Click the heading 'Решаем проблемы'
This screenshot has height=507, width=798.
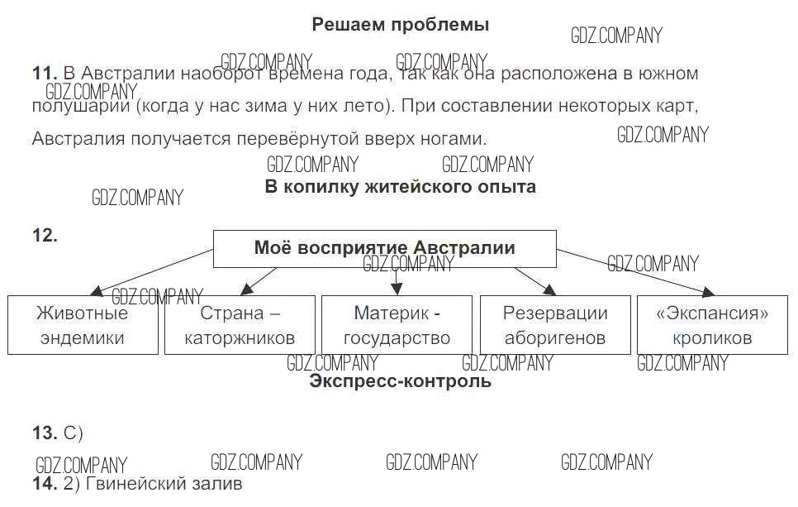click(400, 25)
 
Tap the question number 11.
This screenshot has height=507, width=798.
click(43, 74)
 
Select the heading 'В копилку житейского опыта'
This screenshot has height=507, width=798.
click(400, 186)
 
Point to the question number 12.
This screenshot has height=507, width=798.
click(45, 236)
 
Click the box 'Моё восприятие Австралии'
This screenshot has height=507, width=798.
click(384, 248)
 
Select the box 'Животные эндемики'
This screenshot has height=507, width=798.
click(83, 325)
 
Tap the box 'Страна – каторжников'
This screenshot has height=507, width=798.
click(240, 325)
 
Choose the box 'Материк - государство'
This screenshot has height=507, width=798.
click(397, 325)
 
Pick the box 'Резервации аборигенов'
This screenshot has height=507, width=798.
click(555, 325)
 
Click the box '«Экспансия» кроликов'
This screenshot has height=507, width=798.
click(712, 325)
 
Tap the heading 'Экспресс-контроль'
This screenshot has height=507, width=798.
click(400, 381)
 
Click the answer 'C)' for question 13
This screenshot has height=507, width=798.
click(74, 433)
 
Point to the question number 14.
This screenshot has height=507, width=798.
click(45, 483)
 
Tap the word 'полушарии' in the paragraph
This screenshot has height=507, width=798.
click(80, 107)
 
